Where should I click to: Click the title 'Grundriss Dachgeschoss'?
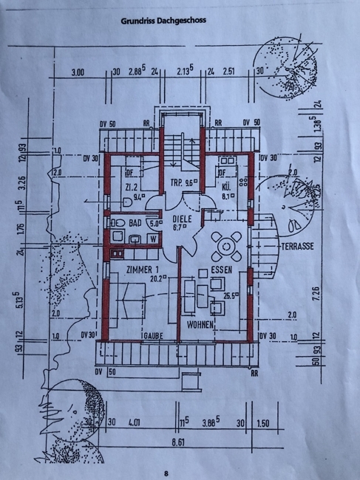point(164,21)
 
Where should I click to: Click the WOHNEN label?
point(200,324)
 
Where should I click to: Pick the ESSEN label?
point(221,270)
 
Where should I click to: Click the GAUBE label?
point(153,335)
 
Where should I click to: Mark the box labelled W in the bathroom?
point(152,239)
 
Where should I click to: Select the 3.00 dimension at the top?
point(77,74)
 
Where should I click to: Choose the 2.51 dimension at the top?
point(228,74)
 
